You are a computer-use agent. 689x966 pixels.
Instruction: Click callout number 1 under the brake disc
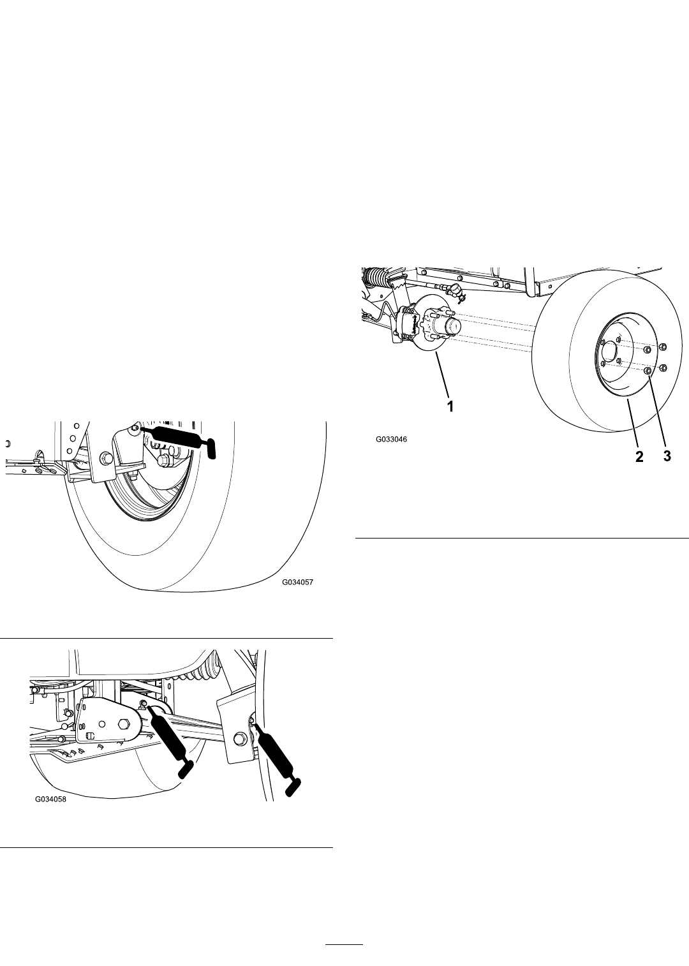[x=450, y=406]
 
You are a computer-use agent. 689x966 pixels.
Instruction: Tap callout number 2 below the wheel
[x=639, y=457]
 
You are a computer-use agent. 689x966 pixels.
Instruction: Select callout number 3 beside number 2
[x=667, y=457]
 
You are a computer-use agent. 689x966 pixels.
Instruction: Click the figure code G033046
[x=391, y=440]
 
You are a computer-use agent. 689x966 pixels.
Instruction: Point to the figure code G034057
[x=297, y=582]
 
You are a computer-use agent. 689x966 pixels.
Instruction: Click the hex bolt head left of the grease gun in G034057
[x=106, y=457]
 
